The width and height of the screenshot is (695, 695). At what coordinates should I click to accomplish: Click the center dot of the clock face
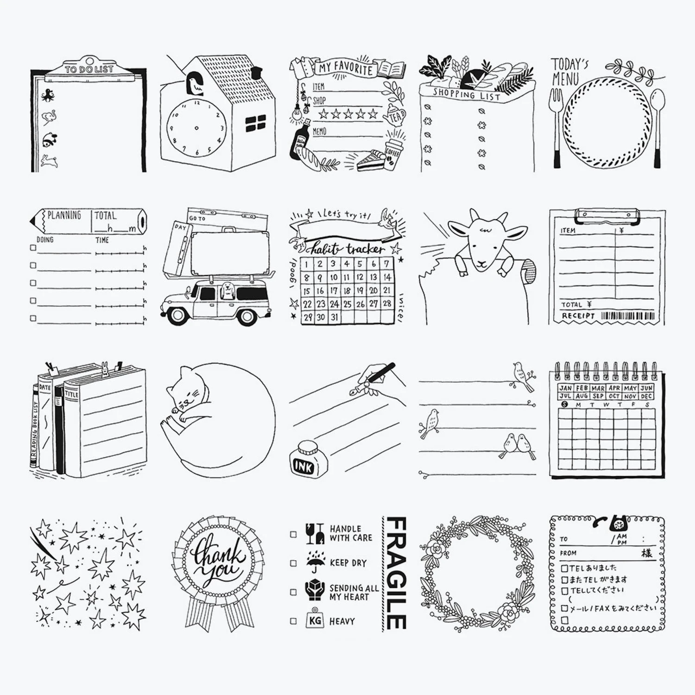pos(196,128)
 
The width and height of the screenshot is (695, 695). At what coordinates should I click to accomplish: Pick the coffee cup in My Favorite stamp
pos(394,152)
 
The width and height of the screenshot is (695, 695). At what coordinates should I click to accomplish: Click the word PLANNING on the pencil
pos(64,215)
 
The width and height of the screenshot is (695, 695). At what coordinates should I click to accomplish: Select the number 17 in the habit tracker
pos(333,291)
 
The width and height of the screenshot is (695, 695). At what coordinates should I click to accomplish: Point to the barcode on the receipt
pos(628,316)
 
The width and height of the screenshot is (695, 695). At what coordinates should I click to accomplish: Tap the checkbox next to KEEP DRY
pos(293,563)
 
